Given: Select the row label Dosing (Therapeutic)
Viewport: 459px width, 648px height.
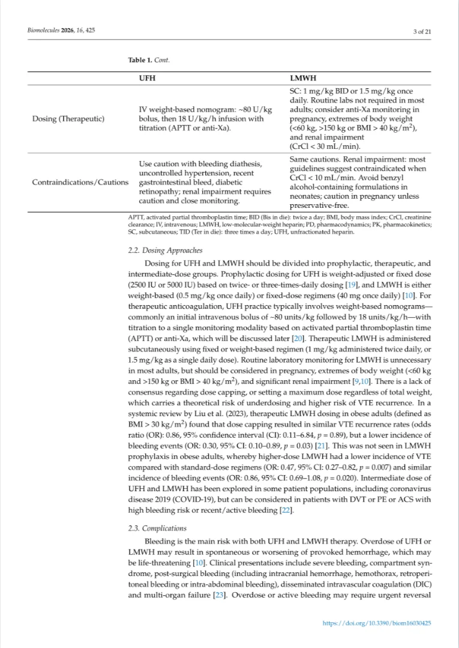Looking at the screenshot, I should pyautogui.click(x=68, y=118).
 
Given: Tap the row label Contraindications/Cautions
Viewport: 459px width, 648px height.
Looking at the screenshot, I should pyautogui.click(x=80, y=182).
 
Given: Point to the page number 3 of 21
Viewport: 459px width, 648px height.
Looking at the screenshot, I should pyautogui.click(x=422, y=32).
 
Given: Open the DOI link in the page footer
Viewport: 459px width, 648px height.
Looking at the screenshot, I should pyautogui.click(x=377, y=623).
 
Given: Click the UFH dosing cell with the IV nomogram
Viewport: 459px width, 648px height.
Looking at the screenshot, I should pyautogui.click(x=205, y=118).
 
